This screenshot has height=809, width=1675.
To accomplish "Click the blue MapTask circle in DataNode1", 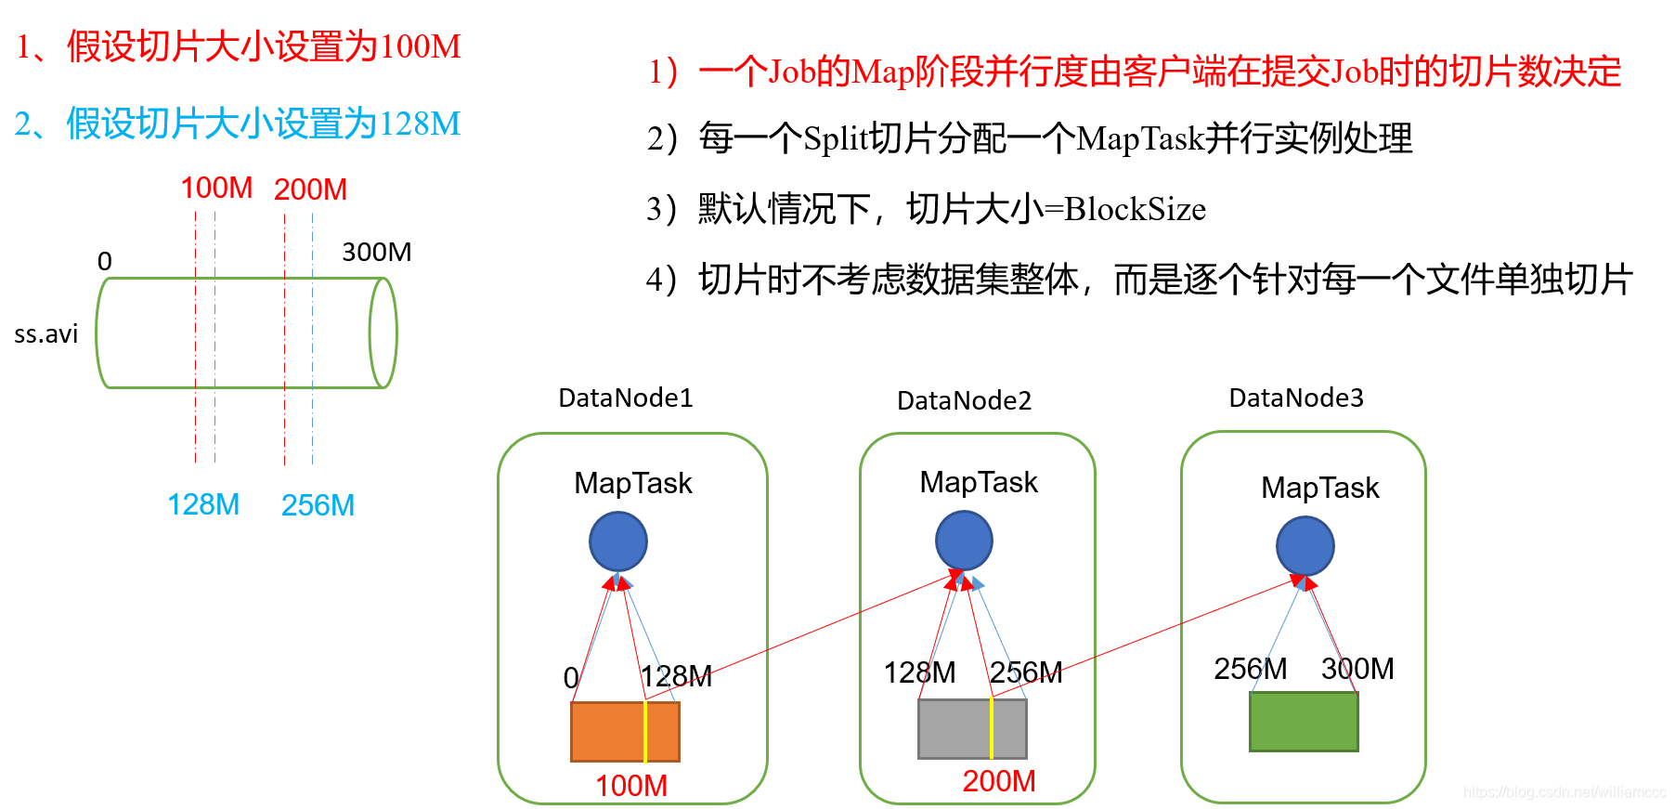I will click(617, 542).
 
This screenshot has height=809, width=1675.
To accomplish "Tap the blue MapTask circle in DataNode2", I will click(964, 542).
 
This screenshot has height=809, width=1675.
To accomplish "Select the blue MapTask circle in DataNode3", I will click(1305, 546).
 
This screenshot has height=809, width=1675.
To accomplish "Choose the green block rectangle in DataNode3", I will click(1304, 722).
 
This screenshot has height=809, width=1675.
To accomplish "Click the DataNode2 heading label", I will click(964, 400).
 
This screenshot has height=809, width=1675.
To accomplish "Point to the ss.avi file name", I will click(46, 334).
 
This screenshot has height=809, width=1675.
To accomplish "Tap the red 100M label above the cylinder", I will click(216, 189).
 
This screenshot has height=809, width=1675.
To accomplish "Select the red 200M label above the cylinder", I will click(310, 189).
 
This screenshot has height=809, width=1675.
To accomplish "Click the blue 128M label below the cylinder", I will click(203, 504).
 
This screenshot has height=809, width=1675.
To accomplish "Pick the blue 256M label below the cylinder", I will click(318, 505).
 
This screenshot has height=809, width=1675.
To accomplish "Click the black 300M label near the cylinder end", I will click(376, 253).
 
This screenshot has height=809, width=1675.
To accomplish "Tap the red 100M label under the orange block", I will click(631, 786).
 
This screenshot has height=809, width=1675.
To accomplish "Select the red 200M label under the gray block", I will click(999, 781).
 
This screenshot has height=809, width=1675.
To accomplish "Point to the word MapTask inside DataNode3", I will click(1319, 488).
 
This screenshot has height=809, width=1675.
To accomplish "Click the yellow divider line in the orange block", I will click(645, 732).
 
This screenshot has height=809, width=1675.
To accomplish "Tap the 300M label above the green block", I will click(1357, 669).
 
